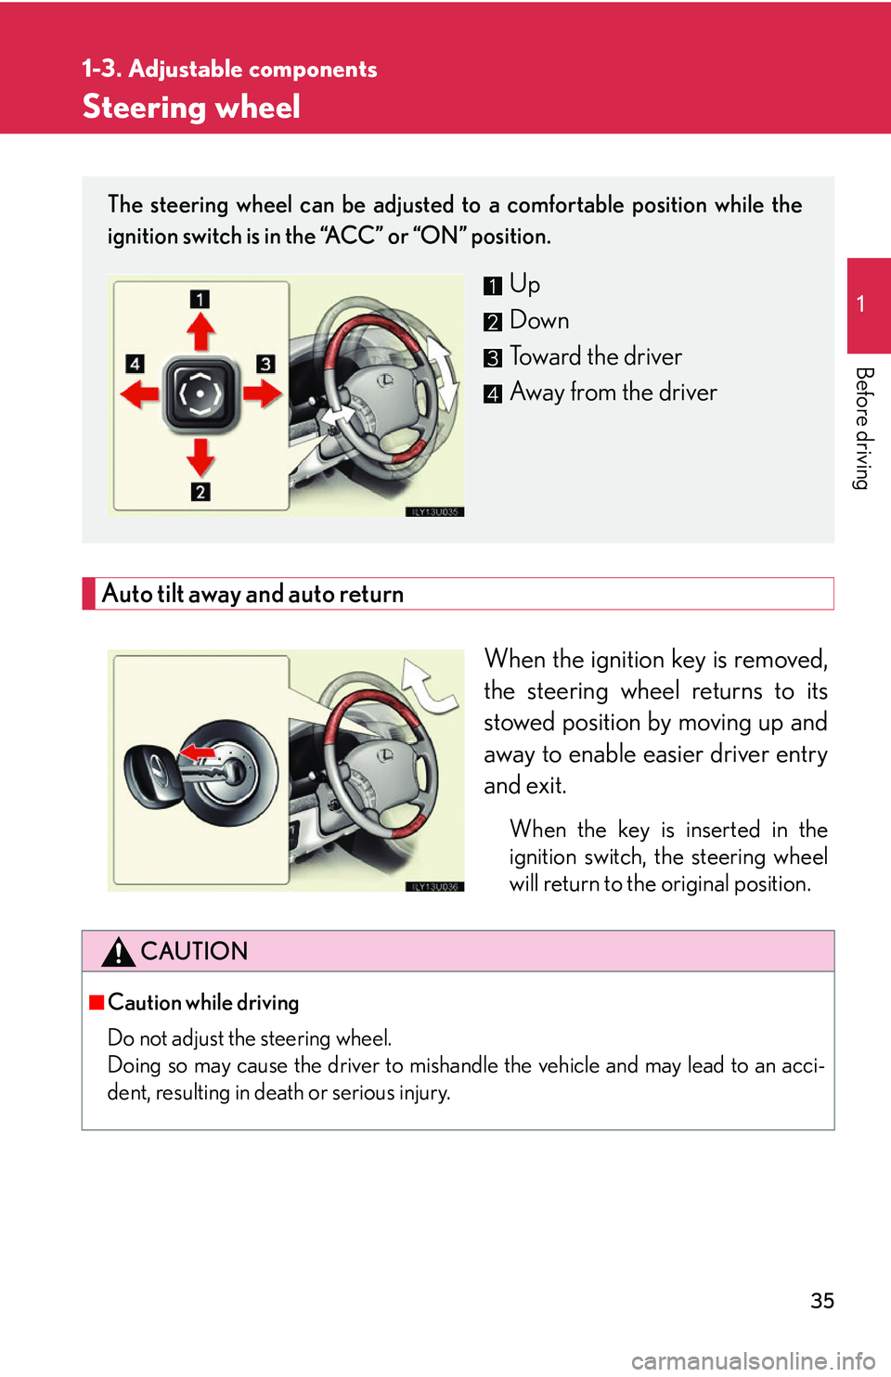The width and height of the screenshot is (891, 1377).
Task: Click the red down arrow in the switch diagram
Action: (x=200, y=457)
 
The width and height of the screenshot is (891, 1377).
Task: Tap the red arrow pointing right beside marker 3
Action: (x=263, y=393)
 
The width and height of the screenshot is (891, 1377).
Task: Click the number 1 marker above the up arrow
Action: (x=200, y=299)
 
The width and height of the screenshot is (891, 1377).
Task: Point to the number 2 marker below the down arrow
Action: (x=200, y=492)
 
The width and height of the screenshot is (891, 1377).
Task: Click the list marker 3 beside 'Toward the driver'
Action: (x=493, y=358)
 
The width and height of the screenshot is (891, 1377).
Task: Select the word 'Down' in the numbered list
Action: (x=539, y=320)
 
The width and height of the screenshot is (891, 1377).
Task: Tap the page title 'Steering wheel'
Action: (x=191, y=107)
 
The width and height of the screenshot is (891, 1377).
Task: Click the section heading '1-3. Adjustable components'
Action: (x=229, y=69)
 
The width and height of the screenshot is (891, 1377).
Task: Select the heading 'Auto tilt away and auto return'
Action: (x=252, y=594)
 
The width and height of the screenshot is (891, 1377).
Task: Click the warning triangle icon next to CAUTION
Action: (x=119, y=952)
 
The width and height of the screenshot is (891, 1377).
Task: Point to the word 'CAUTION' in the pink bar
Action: (x=194, y=951)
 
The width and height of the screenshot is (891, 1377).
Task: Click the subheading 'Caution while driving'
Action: (x=203, y=1002)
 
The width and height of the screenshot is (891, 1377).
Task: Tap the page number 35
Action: (x=822, y=1300)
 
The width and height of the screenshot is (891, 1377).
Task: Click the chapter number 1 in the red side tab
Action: (x=861, y=303)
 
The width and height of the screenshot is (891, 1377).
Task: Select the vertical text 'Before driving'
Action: (x=863, y=428)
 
